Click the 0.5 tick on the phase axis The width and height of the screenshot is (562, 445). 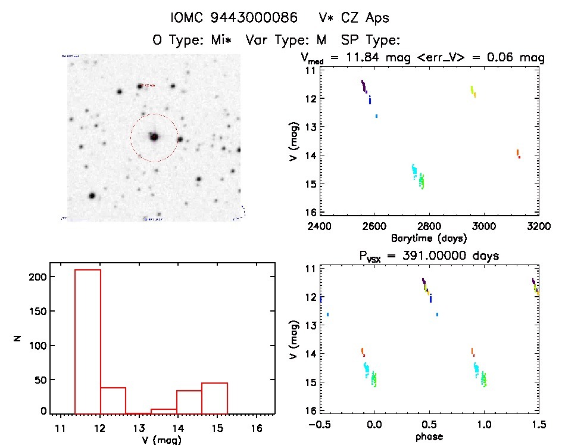[429, 425]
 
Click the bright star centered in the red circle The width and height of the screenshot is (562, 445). [154, 137]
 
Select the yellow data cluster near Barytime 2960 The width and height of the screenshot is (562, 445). [473, 91]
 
